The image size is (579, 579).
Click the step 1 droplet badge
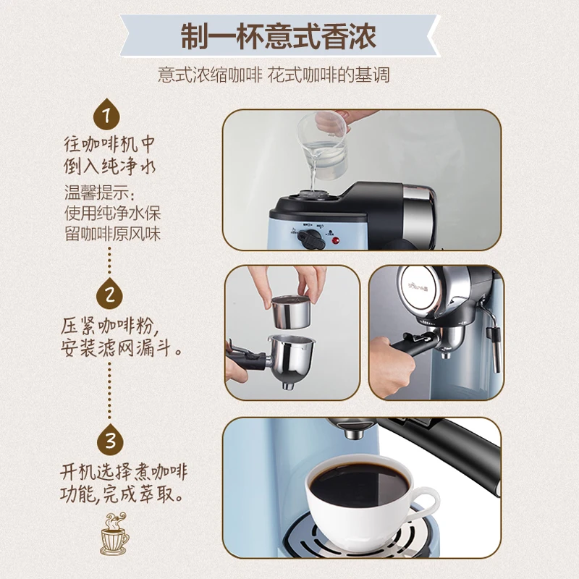click(106, 114)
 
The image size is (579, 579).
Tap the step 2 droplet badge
click(109, 294)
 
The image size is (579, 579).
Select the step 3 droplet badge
click(111, 440)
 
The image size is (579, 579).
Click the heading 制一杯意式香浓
click(279, 36)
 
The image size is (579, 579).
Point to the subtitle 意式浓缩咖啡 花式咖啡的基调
click(274, 75)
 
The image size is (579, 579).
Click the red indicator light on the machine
click(336, 241)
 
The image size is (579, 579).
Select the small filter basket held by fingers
click(291, 311)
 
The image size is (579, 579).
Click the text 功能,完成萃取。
click(121, 494)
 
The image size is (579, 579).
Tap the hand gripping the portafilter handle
click(392, 367)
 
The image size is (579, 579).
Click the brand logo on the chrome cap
click(418, 285)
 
